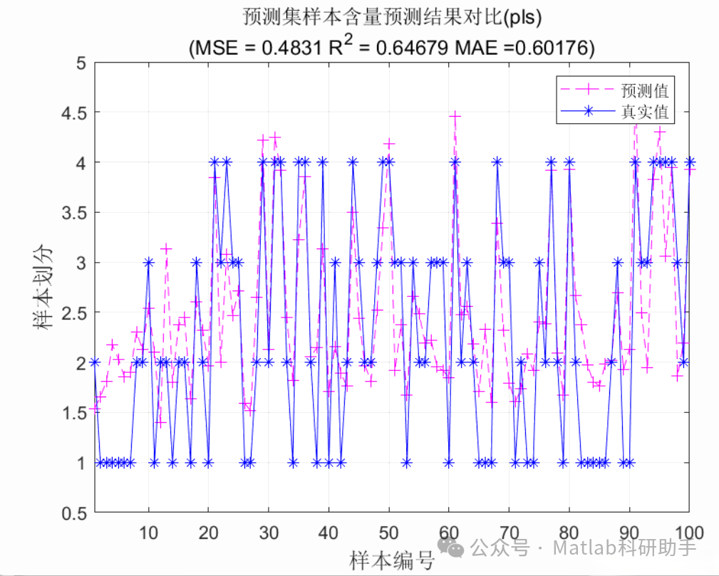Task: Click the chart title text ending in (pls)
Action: [x=391, y=16]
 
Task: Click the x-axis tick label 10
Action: [x=148, y=533]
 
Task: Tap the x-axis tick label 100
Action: [x=688, y=533]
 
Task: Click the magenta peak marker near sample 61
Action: [x=455, y=115]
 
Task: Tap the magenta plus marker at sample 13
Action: [x=167, y=248]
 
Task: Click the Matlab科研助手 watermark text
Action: [x=624, y=548]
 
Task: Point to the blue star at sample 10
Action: [x=148, y=263]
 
